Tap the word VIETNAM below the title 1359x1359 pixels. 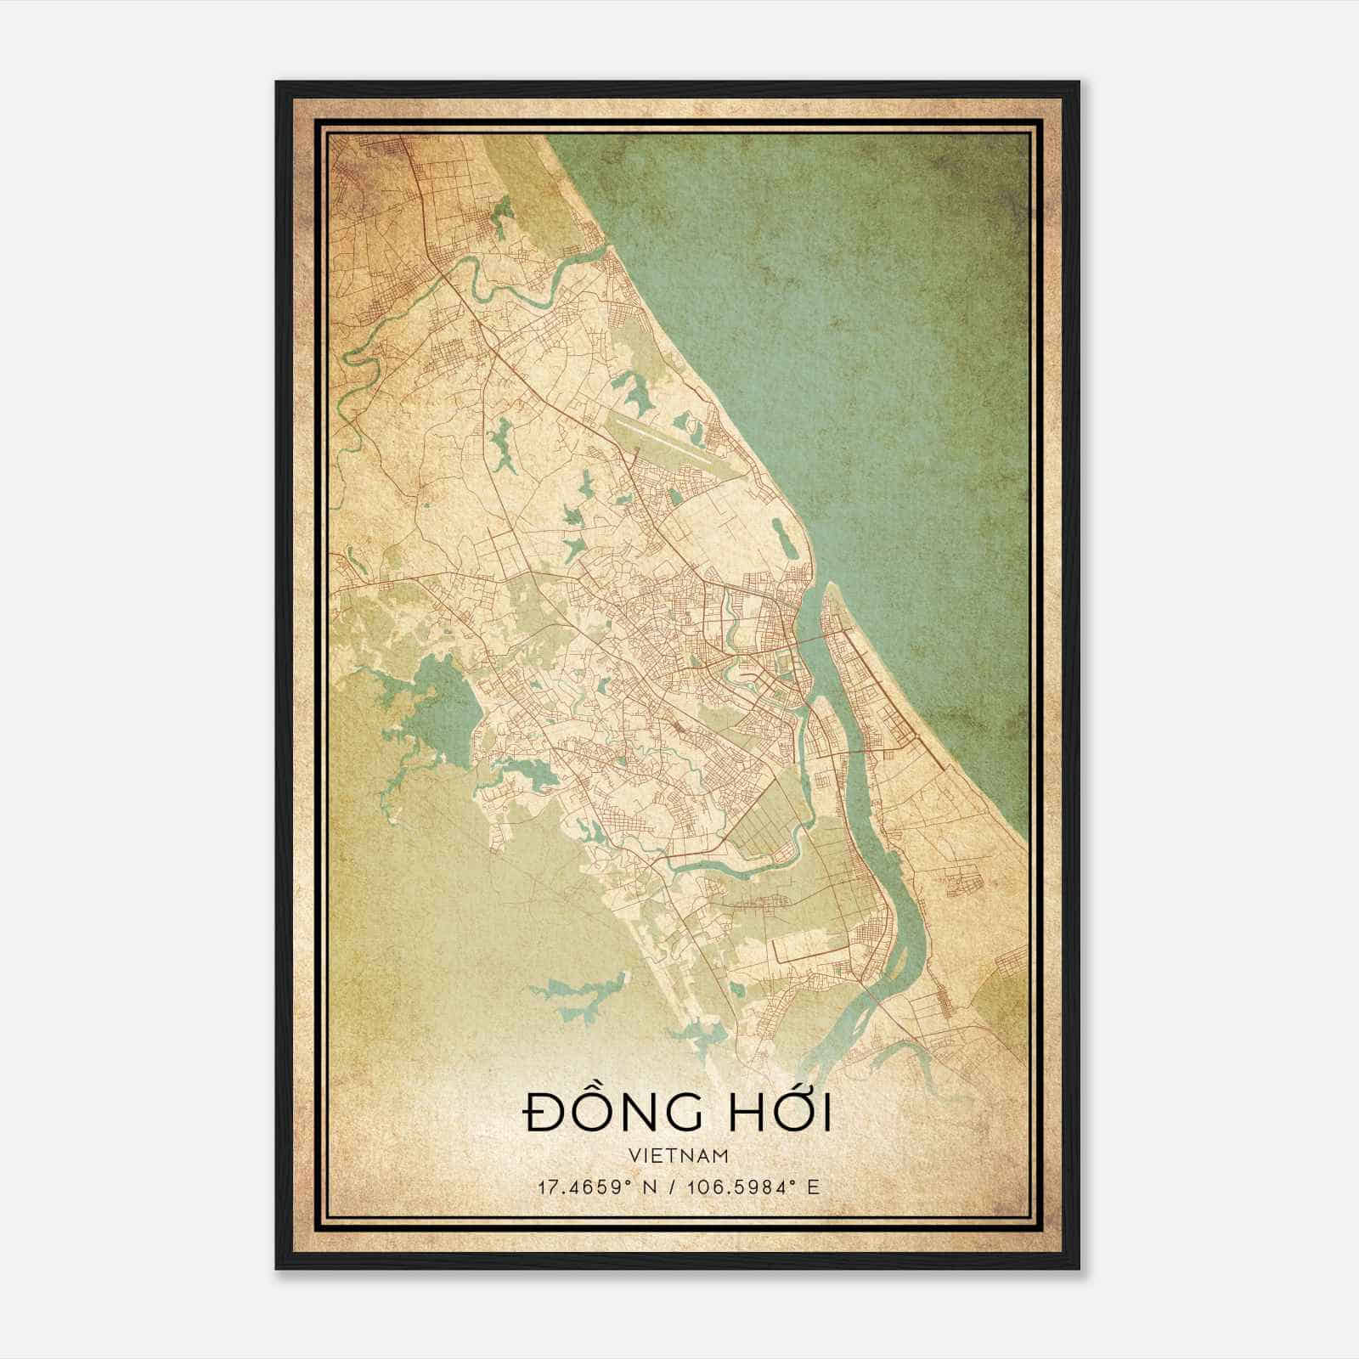pyautogui.click(x=679, y=1155)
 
